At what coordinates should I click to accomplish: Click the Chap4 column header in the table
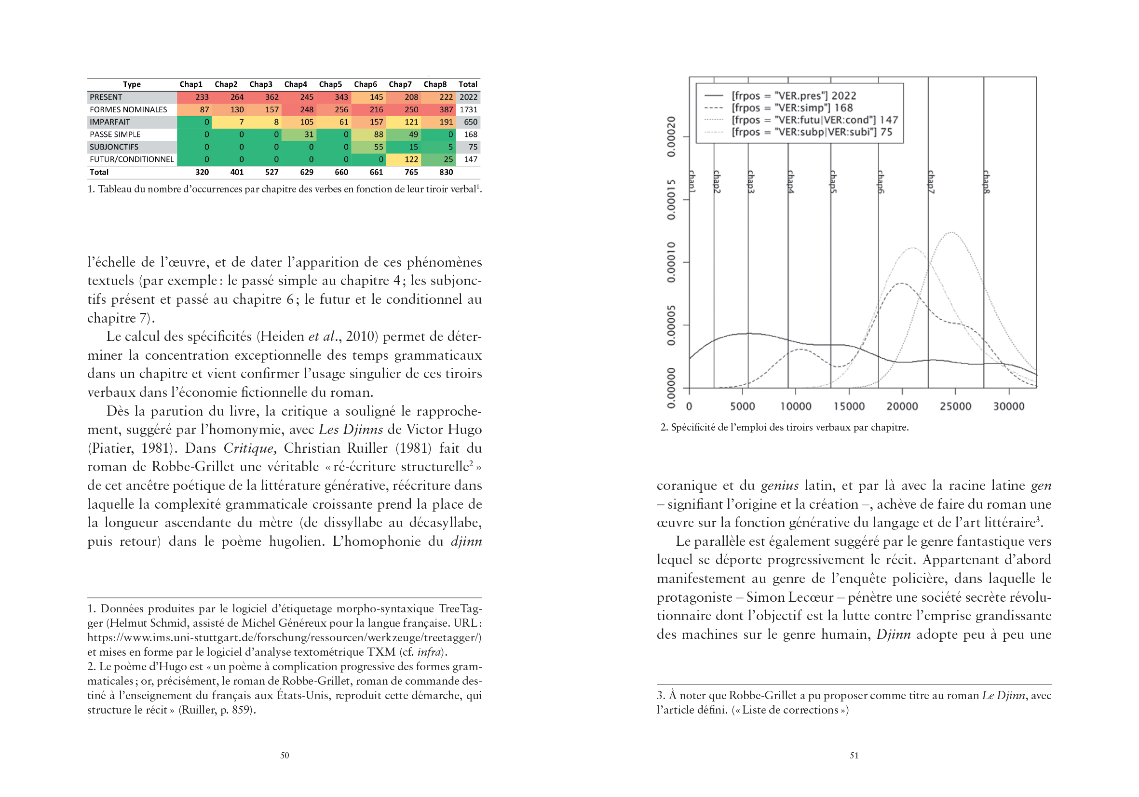[295, 84]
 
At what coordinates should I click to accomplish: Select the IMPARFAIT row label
[109, 122]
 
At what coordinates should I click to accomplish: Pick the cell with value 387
[446, 109]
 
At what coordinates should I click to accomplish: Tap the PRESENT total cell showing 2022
[468, 97]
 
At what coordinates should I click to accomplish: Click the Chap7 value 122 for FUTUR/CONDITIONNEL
[411, 159]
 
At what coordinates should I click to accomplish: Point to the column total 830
[446, 172]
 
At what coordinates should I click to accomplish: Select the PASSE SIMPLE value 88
[378, 135]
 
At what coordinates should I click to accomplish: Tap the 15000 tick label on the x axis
[849, 406]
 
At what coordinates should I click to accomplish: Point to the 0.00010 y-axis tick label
[671, 262]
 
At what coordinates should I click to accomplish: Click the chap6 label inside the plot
[881, 182]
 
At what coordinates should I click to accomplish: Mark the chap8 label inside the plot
[987, 182]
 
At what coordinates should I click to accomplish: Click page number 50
[285, 755]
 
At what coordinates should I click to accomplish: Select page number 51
[854, 755]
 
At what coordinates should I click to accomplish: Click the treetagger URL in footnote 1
[284, 637]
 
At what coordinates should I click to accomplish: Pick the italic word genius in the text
[779, 485]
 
